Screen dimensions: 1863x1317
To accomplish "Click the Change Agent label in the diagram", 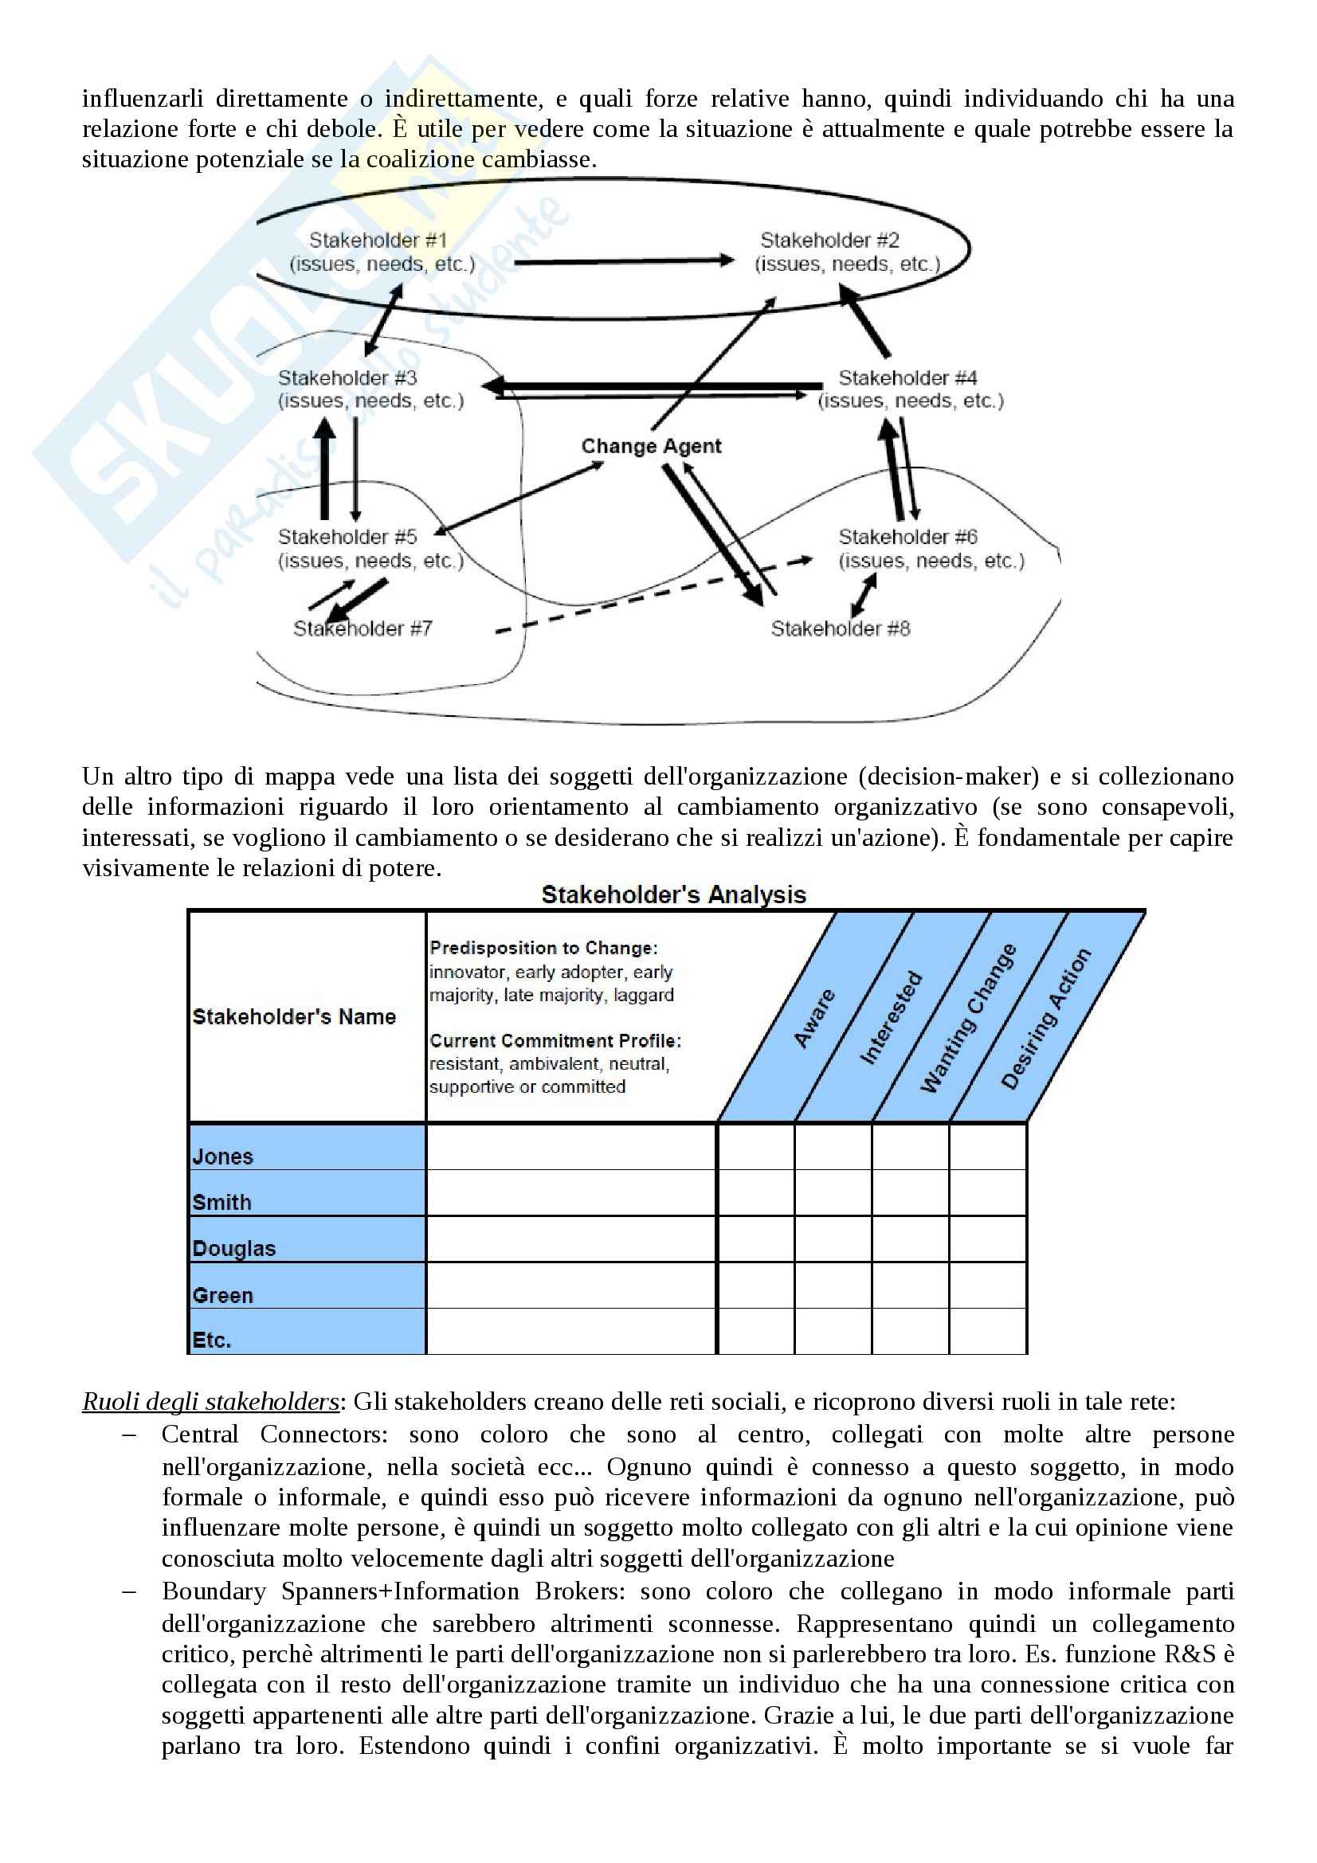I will click(x=651, y=446).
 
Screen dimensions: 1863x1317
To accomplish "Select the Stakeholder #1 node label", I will click(x=378, y=241).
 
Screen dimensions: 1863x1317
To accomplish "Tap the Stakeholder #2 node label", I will click(x=829, y=241).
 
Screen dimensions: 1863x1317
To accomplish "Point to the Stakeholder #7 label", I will click(x=363, y=629).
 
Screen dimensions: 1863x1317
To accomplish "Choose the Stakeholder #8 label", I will click(x=841, y=629).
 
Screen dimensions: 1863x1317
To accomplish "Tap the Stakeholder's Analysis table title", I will click(x=673, y=895).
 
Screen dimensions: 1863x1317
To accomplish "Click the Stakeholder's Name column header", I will click(x=294, y=1016).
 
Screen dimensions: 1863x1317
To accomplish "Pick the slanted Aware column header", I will click(x=814, y=1019).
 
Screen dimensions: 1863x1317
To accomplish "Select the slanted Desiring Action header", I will click(x=1046, y=1019).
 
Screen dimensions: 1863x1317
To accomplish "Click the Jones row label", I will click(x=223, y=1157).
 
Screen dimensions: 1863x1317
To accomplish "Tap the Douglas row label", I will click(x=233, y=1249).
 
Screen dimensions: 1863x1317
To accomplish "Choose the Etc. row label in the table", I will click(x=212, y=1340).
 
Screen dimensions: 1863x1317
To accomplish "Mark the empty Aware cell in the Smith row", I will click(x=755, y=1193).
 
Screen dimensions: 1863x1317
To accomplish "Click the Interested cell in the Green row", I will click(x=833, y=1286).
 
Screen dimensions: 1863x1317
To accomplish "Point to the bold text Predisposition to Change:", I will click(x=543, y=948).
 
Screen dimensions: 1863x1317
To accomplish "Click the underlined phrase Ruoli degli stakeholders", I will click(x=210, y=1402).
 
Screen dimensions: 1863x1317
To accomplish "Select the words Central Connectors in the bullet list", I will click(x=274, y=1434).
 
